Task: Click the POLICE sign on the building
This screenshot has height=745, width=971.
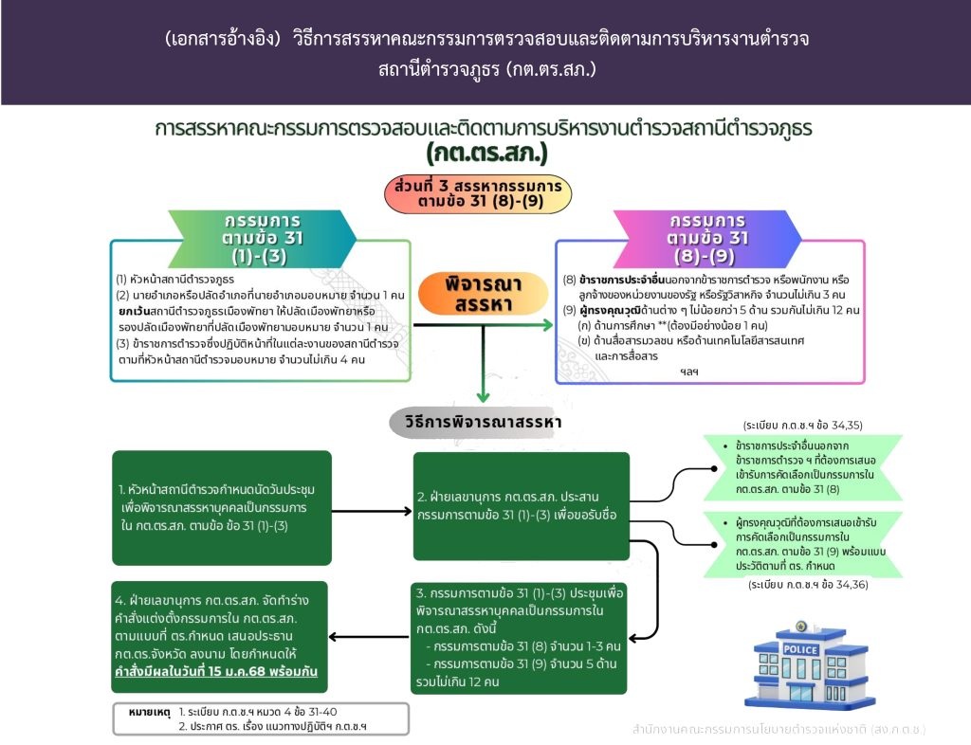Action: [x=800, y=649]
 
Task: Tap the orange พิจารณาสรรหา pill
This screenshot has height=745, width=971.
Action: [x=483, y=294]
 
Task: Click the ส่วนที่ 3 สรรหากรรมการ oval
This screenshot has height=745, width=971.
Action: [x=478, y=193]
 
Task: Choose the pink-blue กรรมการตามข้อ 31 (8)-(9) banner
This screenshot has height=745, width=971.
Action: [x=707, y=238]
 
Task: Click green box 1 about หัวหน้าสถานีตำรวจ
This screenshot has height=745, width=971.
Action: [x=222, y=507]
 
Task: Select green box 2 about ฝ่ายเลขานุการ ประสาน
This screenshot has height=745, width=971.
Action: [x=521, y=506]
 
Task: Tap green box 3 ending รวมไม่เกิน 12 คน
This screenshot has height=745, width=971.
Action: [x=519, y=637]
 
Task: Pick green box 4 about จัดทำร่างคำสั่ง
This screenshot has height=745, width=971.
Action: [x=219, y=636]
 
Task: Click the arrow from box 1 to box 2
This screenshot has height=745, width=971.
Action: [x=372, y=511]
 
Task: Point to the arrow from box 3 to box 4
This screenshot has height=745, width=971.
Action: [x=369, y=637]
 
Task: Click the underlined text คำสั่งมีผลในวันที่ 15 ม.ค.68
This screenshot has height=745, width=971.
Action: [x=216, y=671]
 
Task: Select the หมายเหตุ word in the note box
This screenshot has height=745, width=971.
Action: [x=149, y=712]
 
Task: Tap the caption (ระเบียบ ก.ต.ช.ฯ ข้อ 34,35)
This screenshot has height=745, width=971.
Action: [x=802, y=425]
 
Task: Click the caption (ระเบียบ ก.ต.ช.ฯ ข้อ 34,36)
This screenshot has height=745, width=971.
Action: [x=808, y=584]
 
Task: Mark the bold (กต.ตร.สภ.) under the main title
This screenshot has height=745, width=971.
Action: [x=486, y=153]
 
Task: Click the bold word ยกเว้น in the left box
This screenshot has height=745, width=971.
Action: [x=135, y=311]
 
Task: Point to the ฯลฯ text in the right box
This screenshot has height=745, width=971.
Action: [x=688, y=372]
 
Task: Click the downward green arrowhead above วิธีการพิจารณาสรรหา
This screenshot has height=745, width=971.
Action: [x=483, y=396]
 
